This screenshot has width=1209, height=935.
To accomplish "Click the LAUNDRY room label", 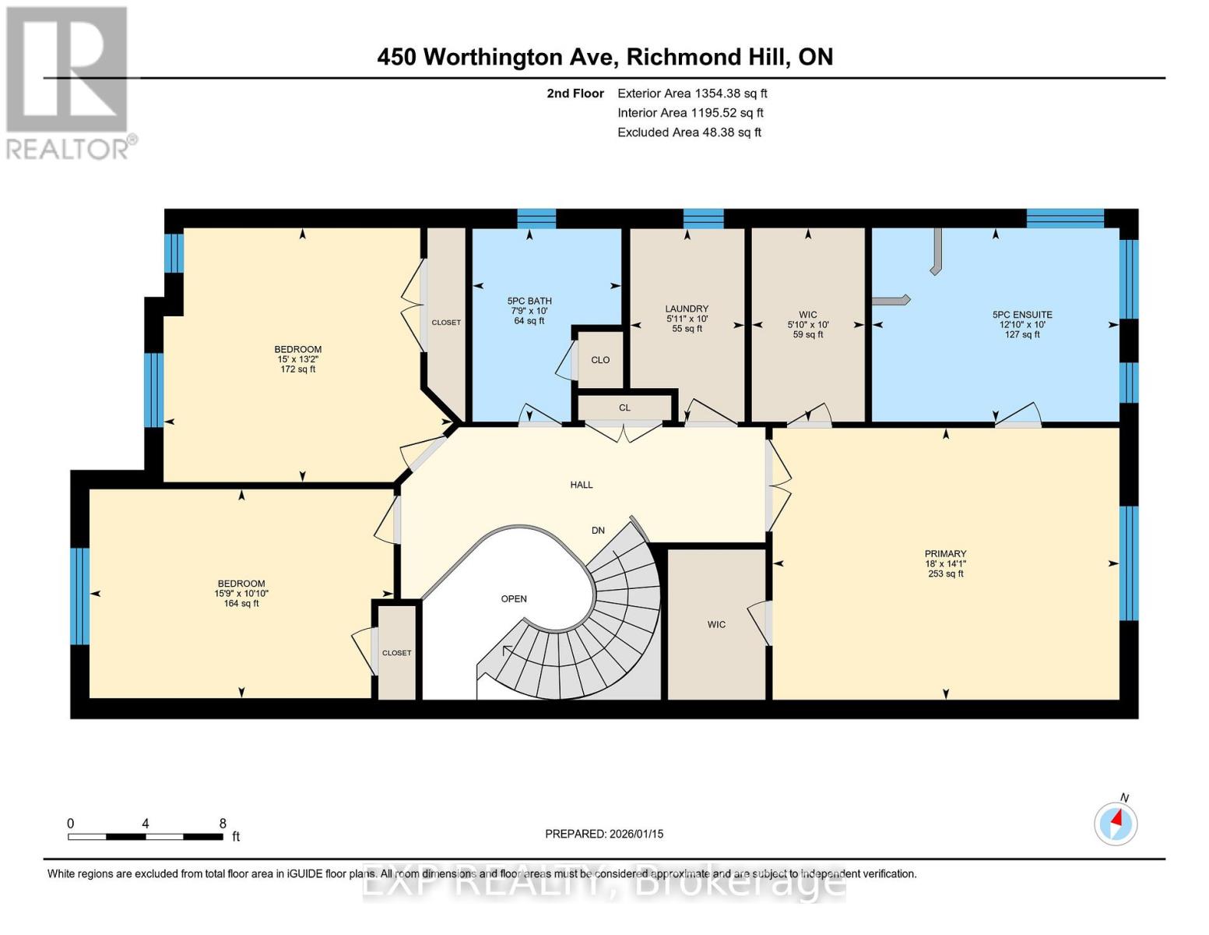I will click(x=687, y=309).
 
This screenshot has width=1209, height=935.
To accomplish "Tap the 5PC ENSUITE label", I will click(x=1021, y=315).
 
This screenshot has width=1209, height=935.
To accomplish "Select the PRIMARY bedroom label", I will click(x=945, y=554).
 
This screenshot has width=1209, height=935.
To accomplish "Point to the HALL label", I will click(x=582, y=485).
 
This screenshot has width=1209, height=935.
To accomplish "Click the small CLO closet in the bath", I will click(x=600, y=360).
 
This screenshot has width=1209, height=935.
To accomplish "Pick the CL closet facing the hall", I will click(x=624, y=408).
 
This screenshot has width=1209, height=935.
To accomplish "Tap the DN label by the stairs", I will click(x=598, y=531).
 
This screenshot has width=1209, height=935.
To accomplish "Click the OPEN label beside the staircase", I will click(x=514, y=599).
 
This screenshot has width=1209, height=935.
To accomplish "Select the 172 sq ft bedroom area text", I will click(x=298, y=369).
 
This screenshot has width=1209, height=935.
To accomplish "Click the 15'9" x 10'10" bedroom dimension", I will click(x=241, y=594).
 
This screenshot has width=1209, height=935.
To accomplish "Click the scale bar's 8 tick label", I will click(x=223, y=824).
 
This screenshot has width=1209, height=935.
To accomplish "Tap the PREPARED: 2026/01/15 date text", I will click(x=604, y=834).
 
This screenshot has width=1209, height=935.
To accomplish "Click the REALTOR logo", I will click(x=69, y=82).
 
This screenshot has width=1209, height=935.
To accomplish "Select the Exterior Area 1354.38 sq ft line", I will click(x=692, y=93).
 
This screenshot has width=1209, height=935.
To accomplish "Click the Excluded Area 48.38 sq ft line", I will click(x=689, y=132).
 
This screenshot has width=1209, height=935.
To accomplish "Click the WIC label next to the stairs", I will click(x=716, y=624).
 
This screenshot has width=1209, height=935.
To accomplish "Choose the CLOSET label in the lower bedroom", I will click(x=397, y=653).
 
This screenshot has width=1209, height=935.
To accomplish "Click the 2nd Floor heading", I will click(x=575, y=93).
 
